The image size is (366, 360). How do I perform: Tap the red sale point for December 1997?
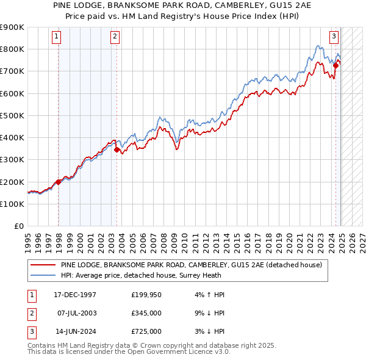pos(59,182)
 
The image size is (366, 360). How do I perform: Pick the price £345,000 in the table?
pos(146,313)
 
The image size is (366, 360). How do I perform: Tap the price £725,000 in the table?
pos(146,331)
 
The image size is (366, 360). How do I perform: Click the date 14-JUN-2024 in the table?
pos(74,331)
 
